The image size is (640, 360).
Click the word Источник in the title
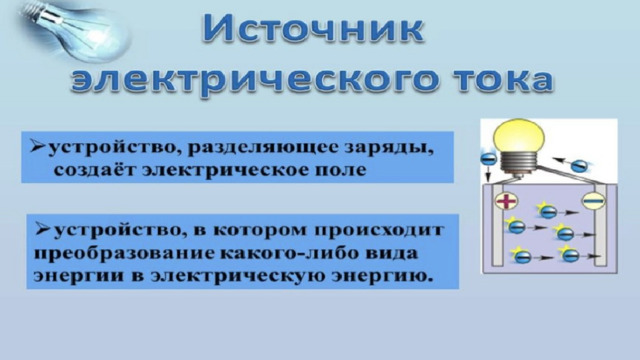[313, 29]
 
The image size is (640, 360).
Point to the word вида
[393, 253]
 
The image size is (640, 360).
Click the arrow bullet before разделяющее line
[38, 146]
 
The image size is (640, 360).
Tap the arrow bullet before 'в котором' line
[43, 229]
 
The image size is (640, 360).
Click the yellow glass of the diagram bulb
[519, 136]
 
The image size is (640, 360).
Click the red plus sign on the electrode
[506, 200]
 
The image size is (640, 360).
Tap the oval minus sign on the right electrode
[593, 201]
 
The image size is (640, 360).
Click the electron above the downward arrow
[488, 158]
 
